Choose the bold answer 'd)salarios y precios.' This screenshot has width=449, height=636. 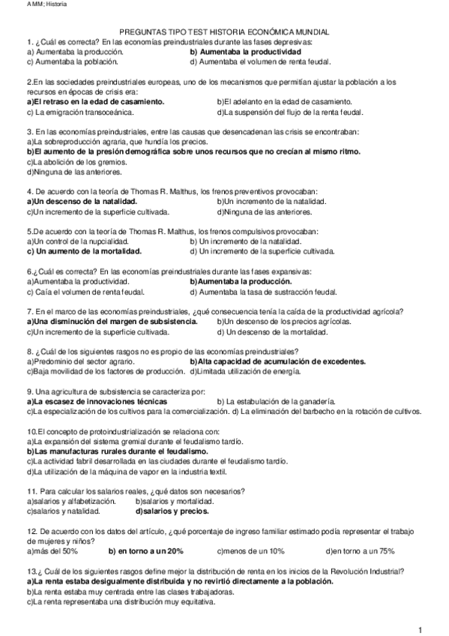172,511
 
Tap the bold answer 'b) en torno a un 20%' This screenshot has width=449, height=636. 145,551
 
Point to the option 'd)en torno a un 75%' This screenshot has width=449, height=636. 360,551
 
